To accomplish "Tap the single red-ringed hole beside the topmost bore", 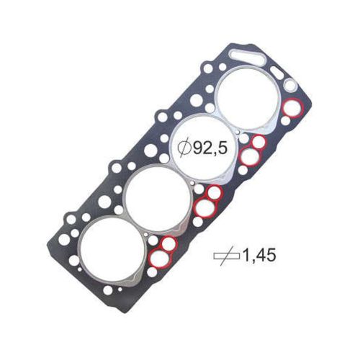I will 292,109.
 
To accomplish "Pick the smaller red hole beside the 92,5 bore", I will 258,142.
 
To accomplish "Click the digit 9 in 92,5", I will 194,148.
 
